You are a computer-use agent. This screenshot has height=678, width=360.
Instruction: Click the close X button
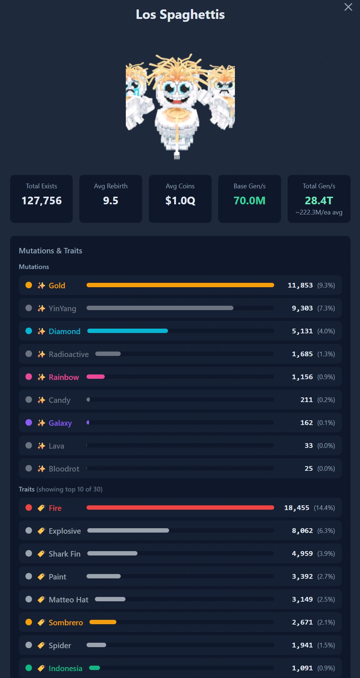tap(348, 7)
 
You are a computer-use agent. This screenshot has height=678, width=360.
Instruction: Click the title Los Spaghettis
tap(180, 15)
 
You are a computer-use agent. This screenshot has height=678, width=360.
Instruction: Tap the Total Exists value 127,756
tap(41, 201)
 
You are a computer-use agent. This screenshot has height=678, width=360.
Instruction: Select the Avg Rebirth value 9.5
tap(111, 201)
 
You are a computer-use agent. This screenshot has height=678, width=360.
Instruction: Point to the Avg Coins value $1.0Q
tap(180, 201)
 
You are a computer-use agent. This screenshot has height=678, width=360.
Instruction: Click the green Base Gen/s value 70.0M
tap(249, 201)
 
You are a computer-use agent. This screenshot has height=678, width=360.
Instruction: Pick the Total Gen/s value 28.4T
tap(319, 201)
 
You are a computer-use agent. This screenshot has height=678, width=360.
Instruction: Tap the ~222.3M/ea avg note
tap(319, 212)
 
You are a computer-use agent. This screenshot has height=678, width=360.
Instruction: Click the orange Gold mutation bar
tap(180, 285)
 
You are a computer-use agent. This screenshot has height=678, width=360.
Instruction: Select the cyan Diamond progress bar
tap(128, 331)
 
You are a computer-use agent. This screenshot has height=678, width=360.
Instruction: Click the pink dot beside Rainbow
tap(29, 377)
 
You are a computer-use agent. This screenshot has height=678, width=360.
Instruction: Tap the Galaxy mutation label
tap(60, 423)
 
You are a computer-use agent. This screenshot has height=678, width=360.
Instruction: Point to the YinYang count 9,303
tap(302, 308)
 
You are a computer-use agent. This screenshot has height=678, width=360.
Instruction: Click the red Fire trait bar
tap(180, 508)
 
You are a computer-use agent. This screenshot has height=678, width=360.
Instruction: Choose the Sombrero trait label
tap(66, 622)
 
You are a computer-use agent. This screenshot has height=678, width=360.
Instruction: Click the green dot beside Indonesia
tap(29, 668)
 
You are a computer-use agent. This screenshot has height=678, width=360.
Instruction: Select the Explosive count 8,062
tap(302, 530)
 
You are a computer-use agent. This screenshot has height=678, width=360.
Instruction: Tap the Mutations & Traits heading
tap(51, 251)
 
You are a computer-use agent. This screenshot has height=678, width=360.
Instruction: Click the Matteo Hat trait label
tap(69, 599)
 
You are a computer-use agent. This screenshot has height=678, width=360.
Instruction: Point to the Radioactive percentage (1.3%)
tap(326, 354)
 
